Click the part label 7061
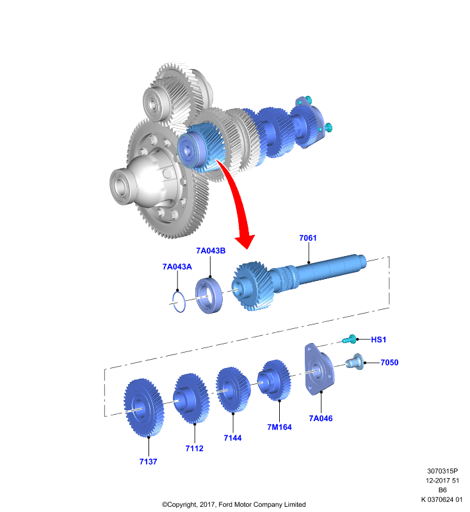pyautogui.click(x=307, y=238)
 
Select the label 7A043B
pyautogui.click(x=211, y=251)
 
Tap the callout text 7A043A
pyautogui.click(x=177, y=267)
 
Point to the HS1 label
pyautogui.click(x=378, y=340)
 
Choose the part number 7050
pyautogui.click(x=389, y=362)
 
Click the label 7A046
pyautogui.click(x=321, y=419)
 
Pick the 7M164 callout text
pyautogui.click(x=279, y=428)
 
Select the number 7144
pyautogui.click(x=232, y=438)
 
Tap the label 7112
pyautogui.click(x=194, y=449)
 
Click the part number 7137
pyautogui.click(x=149, y=461)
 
